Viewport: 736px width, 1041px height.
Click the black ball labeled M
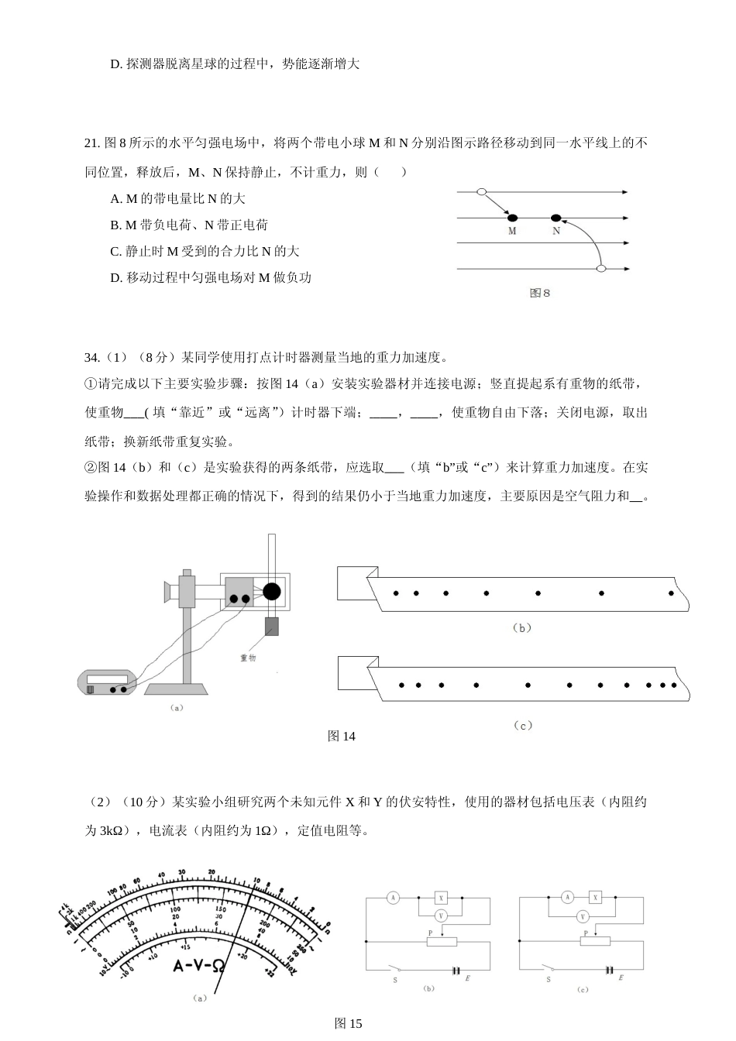click(512, 218)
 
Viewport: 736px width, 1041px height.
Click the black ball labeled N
click(555, 218)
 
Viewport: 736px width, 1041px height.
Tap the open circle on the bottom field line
click(600, 269)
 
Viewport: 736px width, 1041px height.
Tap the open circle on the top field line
click(481, 191)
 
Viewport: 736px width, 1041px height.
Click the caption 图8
click(539, 293)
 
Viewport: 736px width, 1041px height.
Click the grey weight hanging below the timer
click(271, 626)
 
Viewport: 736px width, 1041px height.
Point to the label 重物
click(248, 657)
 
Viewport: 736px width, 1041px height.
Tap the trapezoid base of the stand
click(177, 689)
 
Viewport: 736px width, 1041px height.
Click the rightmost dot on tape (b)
click(671, 593)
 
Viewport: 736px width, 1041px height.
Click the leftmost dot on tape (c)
click(401, 685)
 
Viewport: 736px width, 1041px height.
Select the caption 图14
click(341, 736)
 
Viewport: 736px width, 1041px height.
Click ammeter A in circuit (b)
click(393, 898)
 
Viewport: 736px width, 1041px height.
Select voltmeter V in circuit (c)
click(582, 916)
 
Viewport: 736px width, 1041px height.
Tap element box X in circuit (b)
click(442, 898)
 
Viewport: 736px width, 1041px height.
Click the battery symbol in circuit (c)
click(610, 970)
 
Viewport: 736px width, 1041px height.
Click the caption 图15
click(348, 1023)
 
